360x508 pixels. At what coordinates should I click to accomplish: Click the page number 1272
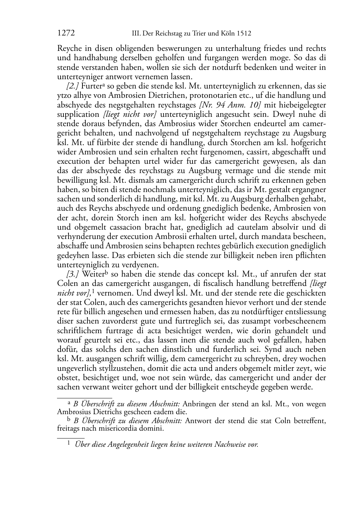pos(66,34)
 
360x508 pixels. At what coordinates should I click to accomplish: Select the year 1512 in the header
pos(244,34)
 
